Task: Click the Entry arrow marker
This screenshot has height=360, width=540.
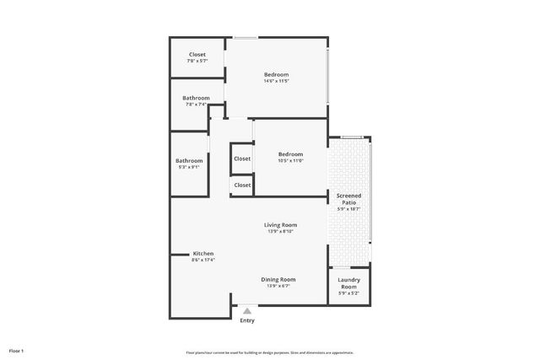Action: [x=247, y=311]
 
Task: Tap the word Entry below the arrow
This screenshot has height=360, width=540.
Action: [x=247, y=320]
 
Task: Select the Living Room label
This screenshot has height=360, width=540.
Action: [x=280, y=224]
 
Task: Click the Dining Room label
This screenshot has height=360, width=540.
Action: [x=278, y=279]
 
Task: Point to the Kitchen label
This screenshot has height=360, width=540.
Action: [x=203, y=254]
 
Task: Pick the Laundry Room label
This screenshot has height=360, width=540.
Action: [x=348, y=282]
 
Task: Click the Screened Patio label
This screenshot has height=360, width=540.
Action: [x=348, y=199]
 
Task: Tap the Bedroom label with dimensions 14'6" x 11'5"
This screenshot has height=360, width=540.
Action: [x=276, y=75]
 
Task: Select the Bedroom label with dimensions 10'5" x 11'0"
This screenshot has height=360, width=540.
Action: [x=290, y=153]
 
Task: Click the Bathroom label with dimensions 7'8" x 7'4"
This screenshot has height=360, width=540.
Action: [x=196, y=98]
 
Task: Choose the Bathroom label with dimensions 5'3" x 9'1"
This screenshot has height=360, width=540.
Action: [x=189, y=161]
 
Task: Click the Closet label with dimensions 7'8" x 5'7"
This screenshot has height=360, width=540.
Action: [x=197, y=55]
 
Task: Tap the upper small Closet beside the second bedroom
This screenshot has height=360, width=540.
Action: [x=242, y=159]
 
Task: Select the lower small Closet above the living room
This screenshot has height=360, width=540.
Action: [x=242, y=185]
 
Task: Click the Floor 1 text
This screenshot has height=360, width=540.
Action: [x=17, y=350]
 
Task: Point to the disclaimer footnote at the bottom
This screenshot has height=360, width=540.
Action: [x=269, y=352]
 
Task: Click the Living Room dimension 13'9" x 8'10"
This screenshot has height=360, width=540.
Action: [x=280, y=231]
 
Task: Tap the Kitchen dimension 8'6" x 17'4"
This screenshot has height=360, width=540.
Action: [x=203, y=261]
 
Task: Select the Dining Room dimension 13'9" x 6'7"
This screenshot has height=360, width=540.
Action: [x=278, y=286]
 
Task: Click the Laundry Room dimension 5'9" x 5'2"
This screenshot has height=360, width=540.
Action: [x=348, y=293]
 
